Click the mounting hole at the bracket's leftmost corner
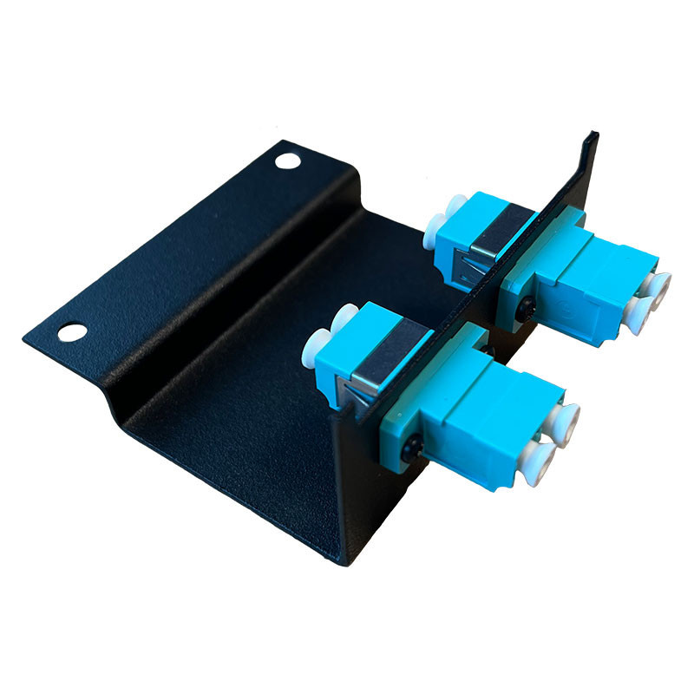[72, 331]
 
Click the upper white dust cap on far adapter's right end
[660, 285]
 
